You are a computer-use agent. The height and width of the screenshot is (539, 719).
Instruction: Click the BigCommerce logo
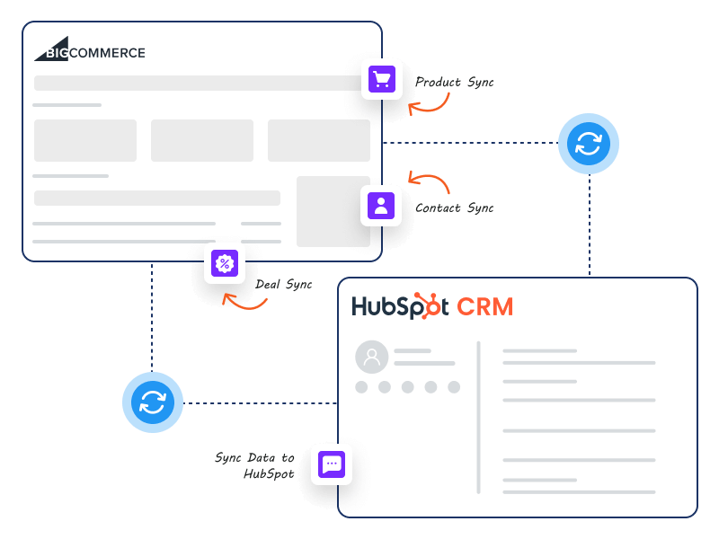pos(90,50)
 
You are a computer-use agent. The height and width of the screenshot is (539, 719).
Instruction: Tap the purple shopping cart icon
pos(381,80)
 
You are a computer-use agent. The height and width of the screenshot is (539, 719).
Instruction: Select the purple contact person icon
pos(381,205)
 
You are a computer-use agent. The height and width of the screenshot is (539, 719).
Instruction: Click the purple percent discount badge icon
pos(224,264)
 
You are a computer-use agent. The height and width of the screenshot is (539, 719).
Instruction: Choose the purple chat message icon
pos(332,464)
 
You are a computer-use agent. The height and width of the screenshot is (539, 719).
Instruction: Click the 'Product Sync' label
pos(454,82)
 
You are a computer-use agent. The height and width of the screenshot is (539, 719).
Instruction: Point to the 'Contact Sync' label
pos(454,208)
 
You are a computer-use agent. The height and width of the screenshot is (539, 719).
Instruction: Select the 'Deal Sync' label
pos(284,284)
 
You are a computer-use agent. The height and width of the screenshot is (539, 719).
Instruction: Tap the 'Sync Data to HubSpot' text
pos(255,465)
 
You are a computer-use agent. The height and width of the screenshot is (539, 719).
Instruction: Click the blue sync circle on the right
pos(589,143)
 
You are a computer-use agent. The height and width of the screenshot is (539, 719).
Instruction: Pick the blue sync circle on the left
pos(153,402)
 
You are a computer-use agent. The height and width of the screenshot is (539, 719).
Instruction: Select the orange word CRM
pos(484,306)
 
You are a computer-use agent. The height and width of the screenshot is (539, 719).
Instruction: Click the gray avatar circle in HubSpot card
pos(371,357)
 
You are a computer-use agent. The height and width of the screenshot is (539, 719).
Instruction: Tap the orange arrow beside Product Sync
pos(429,104)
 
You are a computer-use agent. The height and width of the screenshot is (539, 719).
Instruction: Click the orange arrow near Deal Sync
pos(244,302)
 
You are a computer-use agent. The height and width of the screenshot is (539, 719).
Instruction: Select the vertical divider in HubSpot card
pos(478,417)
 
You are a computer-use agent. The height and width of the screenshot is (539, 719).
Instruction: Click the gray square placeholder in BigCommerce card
pos(333,211)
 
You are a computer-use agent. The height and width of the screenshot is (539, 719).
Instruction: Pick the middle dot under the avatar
pos(407,387)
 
